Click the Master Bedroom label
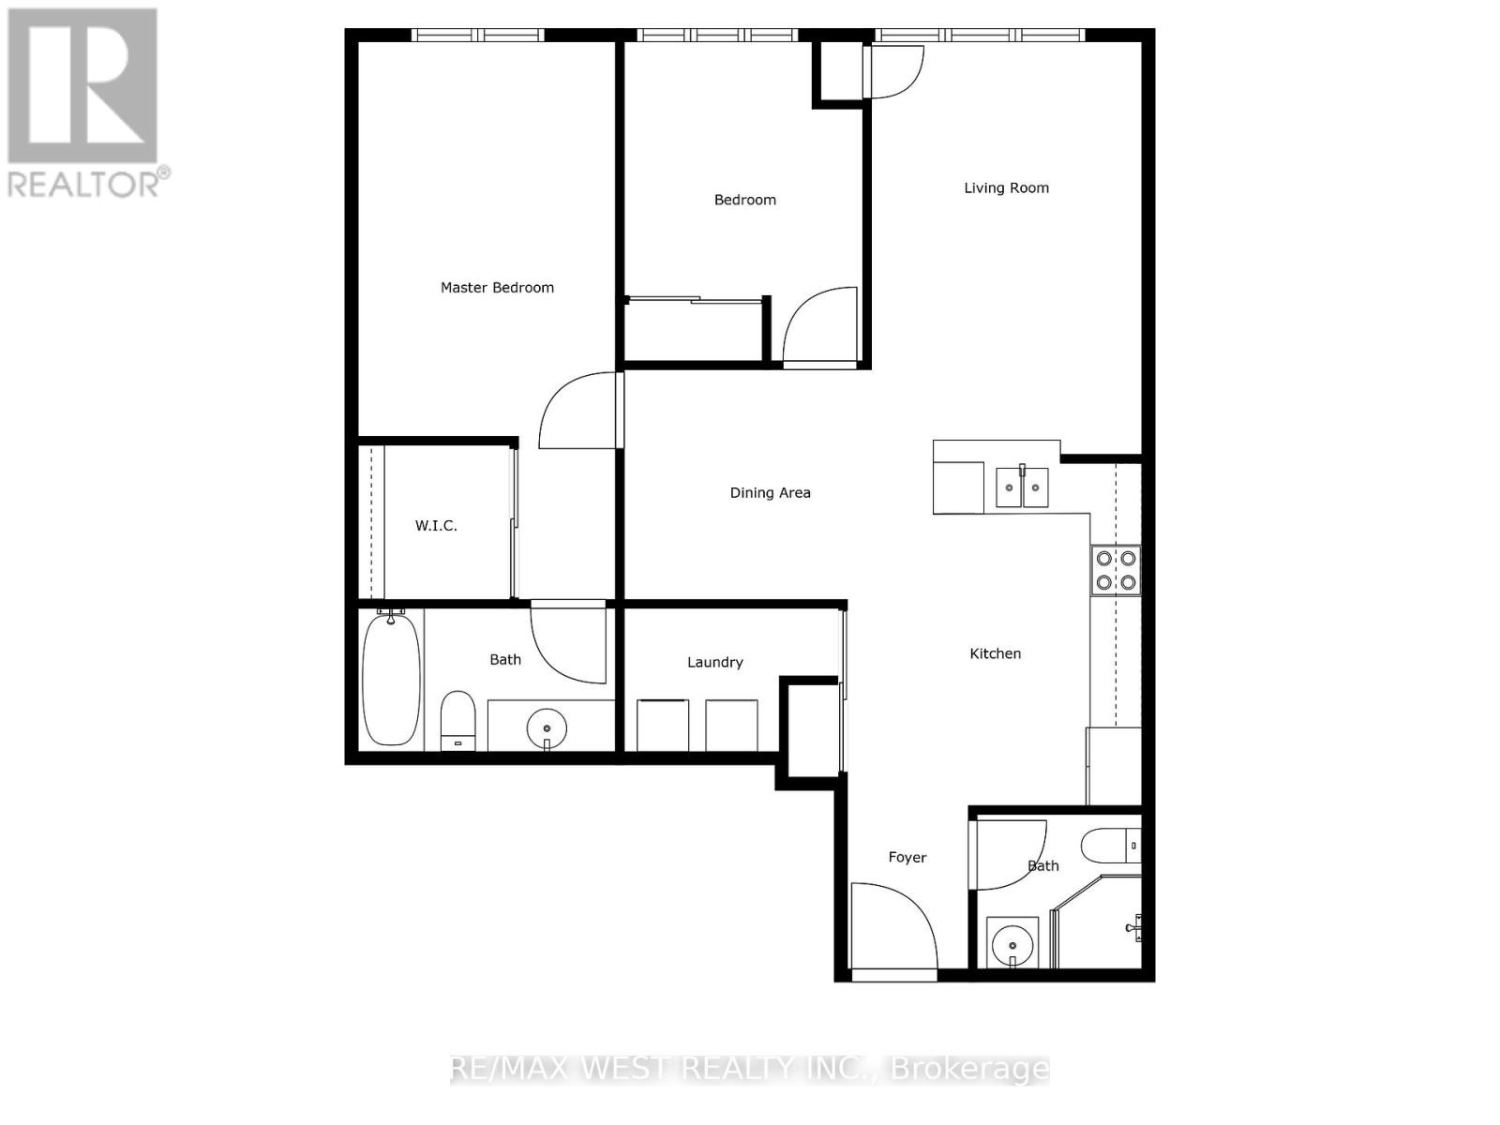tap(497, 288)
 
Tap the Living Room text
tap(1006, 187)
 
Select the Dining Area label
tap(770, 492)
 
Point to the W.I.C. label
tap(436, 526)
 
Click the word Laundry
tap(714, 662)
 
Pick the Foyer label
tap(907, 857)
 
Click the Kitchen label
tap(995, 653)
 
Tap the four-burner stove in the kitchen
tap(1116, 570)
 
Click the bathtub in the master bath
tap(391, 680)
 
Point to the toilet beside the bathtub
tap(458, 720)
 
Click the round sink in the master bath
tap(547, 727)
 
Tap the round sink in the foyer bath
tap(1012, 942)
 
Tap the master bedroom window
tap(478, 36)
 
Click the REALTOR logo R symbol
tap(82, 86)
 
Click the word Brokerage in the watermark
tap(969, 1069)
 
